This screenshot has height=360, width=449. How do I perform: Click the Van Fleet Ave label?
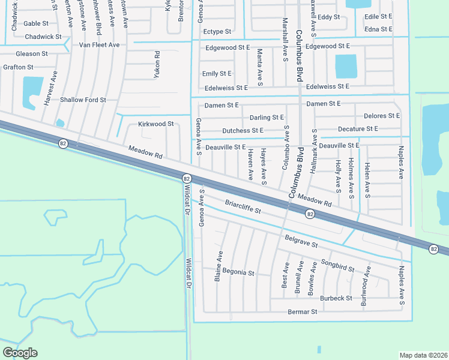tap(100, 45)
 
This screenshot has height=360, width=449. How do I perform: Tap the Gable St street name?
tap(36, 23)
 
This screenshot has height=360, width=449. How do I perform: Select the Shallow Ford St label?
tap(83, 100)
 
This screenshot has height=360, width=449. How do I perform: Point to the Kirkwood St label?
tap(155, 124)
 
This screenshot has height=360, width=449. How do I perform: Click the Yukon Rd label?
tap(157, 65)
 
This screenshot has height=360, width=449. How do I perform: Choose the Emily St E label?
tap(217, 74)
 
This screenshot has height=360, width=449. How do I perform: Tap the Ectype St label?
tap(217, 31)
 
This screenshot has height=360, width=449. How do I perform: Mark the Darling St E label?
tap(267, 118)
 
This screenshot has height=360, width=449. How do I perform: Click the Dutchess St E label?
tap(243, 130)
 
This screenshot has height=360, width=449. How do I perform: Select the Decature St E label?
tap(358, 129)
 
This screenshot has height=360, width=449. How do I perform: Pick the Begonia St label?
tap(238, 272)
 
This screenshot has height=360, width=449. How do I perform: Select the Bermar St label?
tap(301, 312)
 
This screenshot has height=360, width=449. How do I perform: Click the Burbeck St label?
tap(336, 298)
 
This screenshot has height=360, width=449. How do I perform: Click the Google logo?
tap(20, 353)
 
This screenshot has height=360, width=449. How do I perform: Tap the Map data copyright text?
tap(424, 355)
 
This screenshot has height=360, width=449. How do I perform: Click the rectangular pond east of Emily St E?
tap(345, 67)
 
